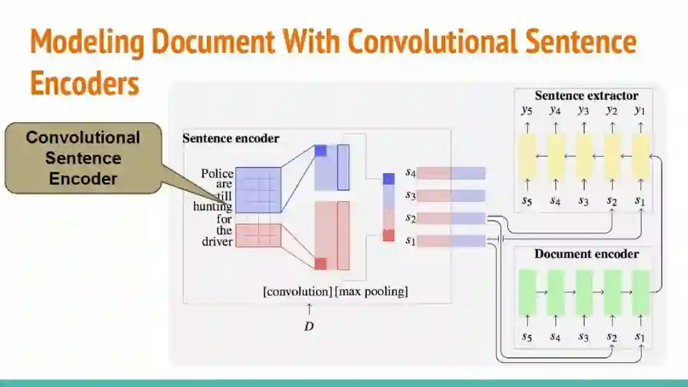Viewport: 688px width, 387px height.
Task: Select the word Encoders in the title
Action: point(84,83)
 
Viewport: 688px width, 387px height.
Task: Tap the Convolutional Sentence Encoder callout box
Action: point(83,158)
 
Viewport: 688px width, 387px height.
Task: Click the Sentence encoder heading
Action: point(231,138)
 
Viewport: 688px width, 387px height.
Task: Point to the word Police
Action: point(217,173)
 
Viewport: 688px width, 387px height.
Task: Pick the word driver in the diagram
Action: point(217,241)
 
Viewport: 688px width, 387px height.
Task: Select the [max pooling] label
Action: point(371,292)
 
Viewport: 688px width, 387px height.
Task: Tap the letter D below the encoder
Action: point(309,327)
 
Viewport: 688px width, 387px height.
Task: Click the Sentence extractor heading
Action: point(586,96)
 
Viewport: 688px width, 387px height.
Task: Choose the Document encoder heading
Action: point(586,254)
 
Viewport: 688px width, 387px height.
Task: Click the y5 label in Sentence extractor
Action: point(526,111)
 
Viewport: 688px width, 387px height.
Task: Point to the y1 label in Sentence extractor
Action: point(640,111)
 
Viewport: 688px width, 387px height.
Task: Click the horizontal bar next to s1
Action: point(451,241)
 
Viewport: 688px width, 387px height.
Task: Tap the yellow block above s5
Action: point(526,156)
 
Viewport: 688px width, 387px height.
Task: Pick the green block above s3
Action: point(584,292)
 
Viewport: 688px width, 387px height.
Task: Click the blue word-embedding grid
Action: point(258,190)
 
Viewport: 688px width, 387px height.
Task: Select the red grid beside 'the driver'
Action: point(258,235)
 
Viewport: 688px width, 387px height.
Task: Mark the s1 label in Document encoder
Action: point(640,336)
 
